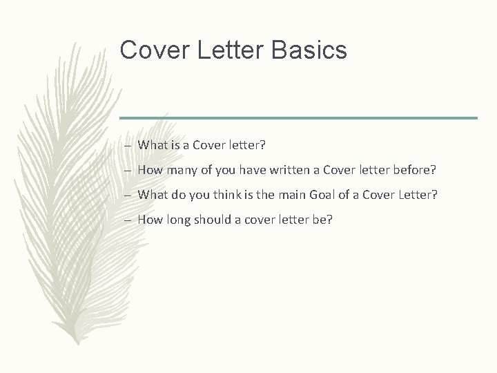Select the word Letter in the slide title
click(226, 50)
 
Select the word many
click(181, 170)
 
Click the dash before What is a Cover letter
click(130, 146)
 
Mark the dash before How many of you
click(130, 171)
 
